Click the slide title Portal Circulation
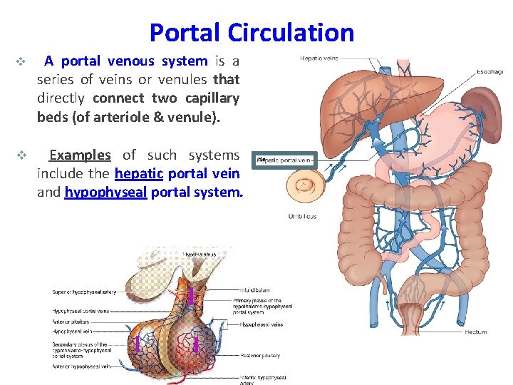pos(252,33)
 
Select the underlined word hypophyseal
pos(105,192)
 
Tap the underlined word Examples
pos(80,155)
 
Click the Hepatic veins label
pos(318,58)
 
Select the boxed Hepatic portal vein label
pos(285,160)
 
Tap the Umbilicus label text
pos(302,216)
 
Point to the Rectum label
pos(475,332)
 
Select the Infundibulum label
pos(254,290)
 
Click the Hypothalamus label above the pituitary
pos(199,254)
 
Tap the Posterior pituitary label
pos(260,355)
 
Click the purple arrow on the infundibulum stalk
pos(191,294)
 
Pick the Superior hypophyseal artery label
pos(83,292)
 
